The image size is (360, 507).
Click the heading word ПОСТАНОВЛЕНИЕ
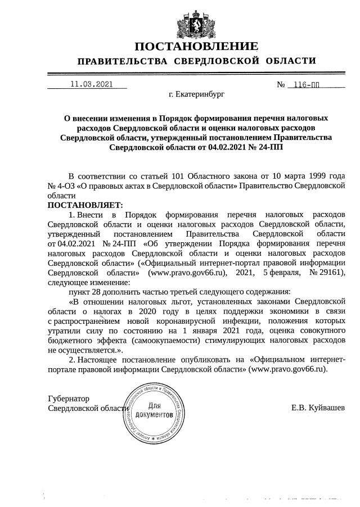point(196,46)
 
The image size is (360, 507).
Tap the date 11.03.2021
point(91,84)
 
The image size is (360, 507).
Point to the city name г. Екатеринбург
point(196,94)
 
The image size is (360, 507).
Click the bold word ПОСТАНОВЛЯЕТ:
point(84,205)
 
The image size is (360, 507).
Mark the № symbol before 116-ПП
point(281,85)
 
